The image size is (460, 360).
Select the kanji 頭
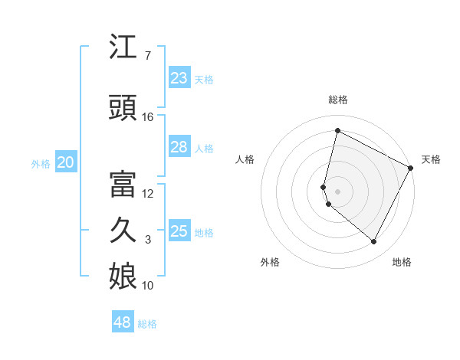[124, 110]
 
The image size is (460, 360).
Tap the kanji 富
[124, 185]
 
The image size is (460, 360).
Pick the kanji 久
[124, 231]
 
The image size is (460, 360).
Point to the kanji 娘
[124, 277]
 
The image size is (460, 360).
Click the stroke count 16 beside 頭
[148, 117]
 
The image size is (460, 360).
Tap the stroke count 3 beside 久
[148, 240]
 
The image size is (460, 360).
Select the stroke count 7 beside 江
[148, 56]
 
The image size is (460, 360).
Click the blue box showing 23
[179, 78]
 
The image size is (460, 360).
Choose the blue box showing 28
[179, 147]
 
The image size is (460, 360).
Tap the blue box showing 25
[179, 231]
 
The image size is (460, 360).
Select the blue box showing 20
[65, 162]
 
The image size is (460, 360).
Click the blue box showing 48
[123, 322]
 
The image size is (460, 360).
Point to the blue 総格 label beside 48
[148, 324]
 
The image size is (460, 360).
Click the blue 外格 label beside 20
[41, 163]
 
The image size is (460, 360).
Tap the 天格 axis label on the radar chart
[431, 159]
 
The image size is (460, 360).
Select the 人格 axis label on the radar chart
[245, 159]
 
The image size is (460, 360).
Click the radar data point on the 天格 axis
[412, 168]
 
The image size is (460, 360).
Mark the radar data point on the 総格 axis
[337, 131]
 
